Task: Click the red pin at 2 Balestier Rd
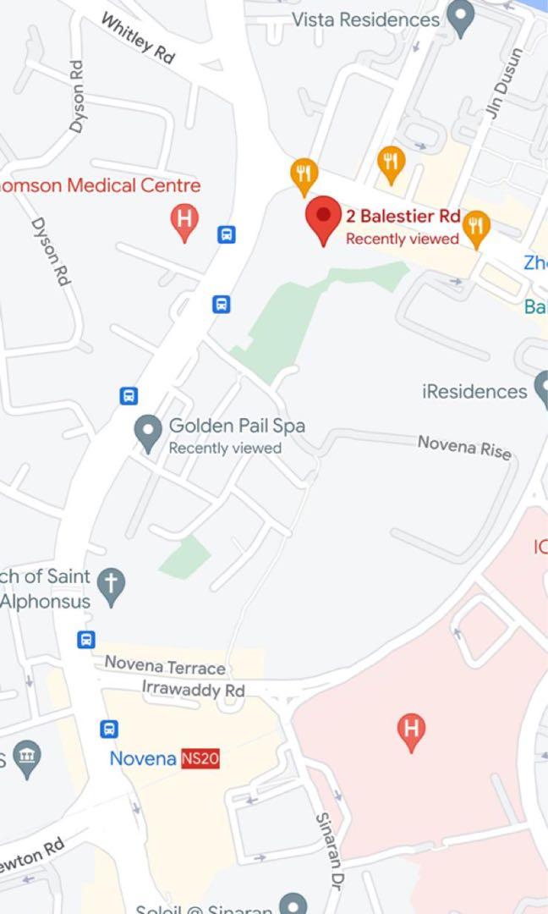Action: [323, 217]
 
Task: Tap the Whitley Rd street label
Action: [138, 37]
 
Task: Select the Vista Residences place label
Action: [366, 19]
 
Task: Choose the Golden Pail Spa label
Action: [237, 425]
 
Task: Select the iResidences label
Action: [474, 391]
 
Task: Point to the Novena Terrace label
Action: [165, 667]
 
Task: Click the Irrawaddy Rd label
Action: [193, 690]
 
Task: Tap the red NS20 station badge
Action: [200, 758]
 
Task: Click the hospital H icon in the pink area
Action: [411, 729]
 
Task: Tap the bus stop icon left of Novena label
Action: [109, 729]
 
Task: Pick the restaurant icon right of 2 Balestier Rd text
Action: [478, 226]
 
